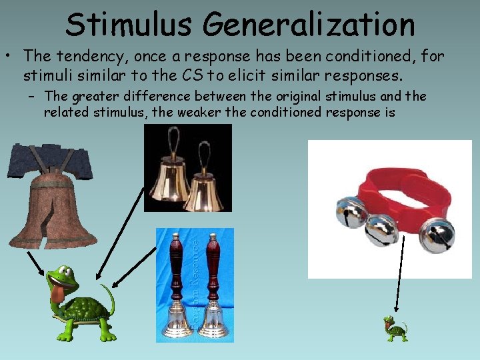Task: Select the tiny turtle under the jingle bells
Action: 395,329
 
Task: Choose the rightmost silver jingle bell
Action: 438,233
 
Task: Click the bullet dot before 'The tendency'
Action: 10,57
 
